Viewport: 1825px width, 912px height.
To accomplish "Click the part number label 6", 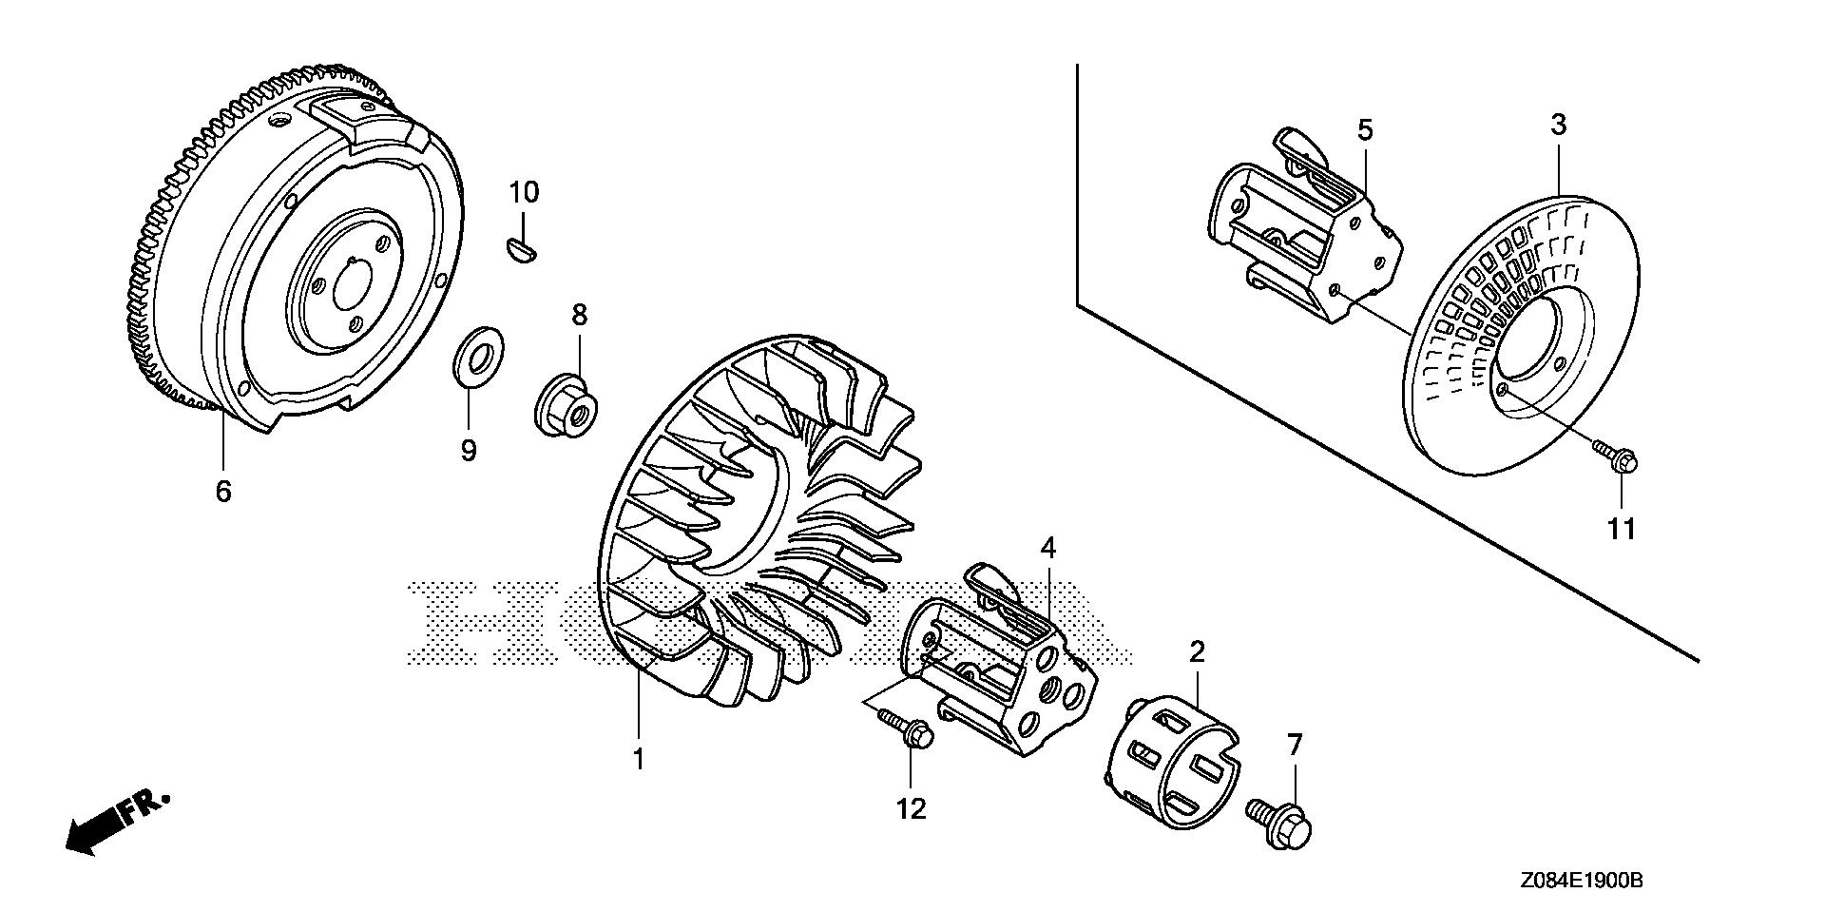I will [223, 492].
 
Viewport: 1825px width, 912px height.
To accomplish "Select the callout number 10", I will [523, 193].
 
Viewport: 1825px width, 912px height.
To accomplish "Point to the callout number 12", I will [911, 808].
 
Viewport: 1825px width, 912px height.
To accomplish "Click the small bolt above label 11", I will [1617, 461].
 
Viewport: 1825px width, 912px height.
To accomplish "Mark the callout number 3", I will [1558, 125].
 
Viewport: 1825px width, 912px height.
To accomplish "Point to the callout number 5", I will [1365, 130].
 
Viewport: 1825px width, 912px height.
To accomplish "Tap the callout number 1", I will [639, 760].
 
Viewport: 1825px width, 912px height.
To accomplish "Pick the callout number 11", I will [1621, 528].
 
